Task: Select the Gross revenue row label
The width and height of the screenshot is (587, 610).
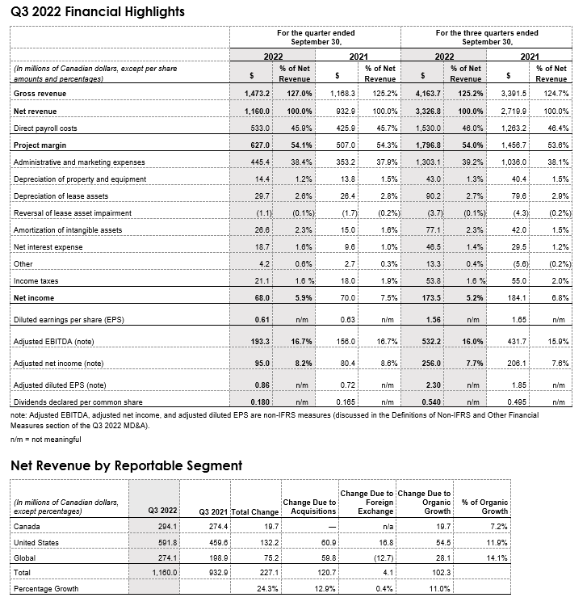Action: [x=40, y=95]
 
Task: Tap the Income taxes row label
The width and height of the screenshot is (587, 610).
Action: [x=37, y=280]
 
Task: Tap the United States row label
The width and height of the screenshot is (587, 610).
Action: [x=37, y=543]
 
